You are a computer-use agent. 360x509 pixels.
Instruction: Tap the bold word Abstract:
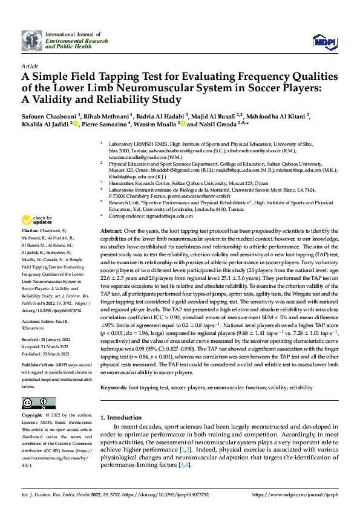coord(112,232)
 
